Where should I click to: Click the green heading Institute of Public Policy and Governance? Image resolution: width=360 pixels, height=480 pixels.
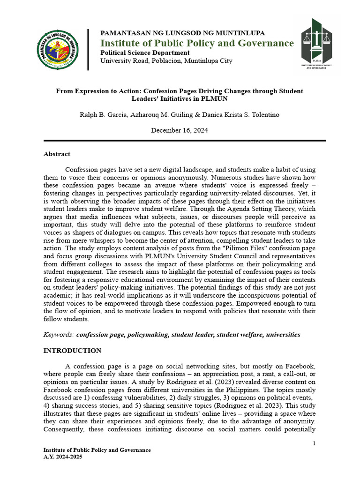197,44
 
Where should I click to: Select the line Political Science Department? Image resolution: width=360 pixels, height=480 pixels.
145,53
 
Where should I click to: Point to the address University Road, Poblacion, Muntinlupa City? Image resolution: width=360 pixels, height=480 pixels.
166,61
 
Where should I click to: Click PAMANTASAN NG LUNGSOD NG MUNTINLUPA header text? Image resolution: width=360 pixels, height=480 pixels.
183,33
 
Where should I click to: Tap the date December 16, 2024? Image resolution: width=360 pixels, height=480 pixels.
180,130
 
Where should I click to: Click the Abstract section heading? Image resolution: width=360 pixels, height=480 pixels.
57,154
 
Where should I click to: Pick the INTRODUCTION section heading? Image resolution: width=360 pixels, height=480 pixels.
72,351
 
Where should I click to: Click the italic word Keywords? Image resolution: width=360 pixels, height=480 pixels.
59,335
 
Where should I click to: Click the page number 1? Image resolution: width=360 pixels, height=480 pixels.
314,443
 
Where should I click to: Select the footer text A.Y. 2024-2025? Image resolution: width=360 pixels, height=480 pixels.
63,457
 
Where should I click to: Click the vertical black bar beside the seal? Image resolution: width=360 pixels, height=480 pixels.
88,49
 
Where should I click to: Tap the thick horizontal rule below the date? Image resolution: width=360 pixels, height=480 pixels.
185,140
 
